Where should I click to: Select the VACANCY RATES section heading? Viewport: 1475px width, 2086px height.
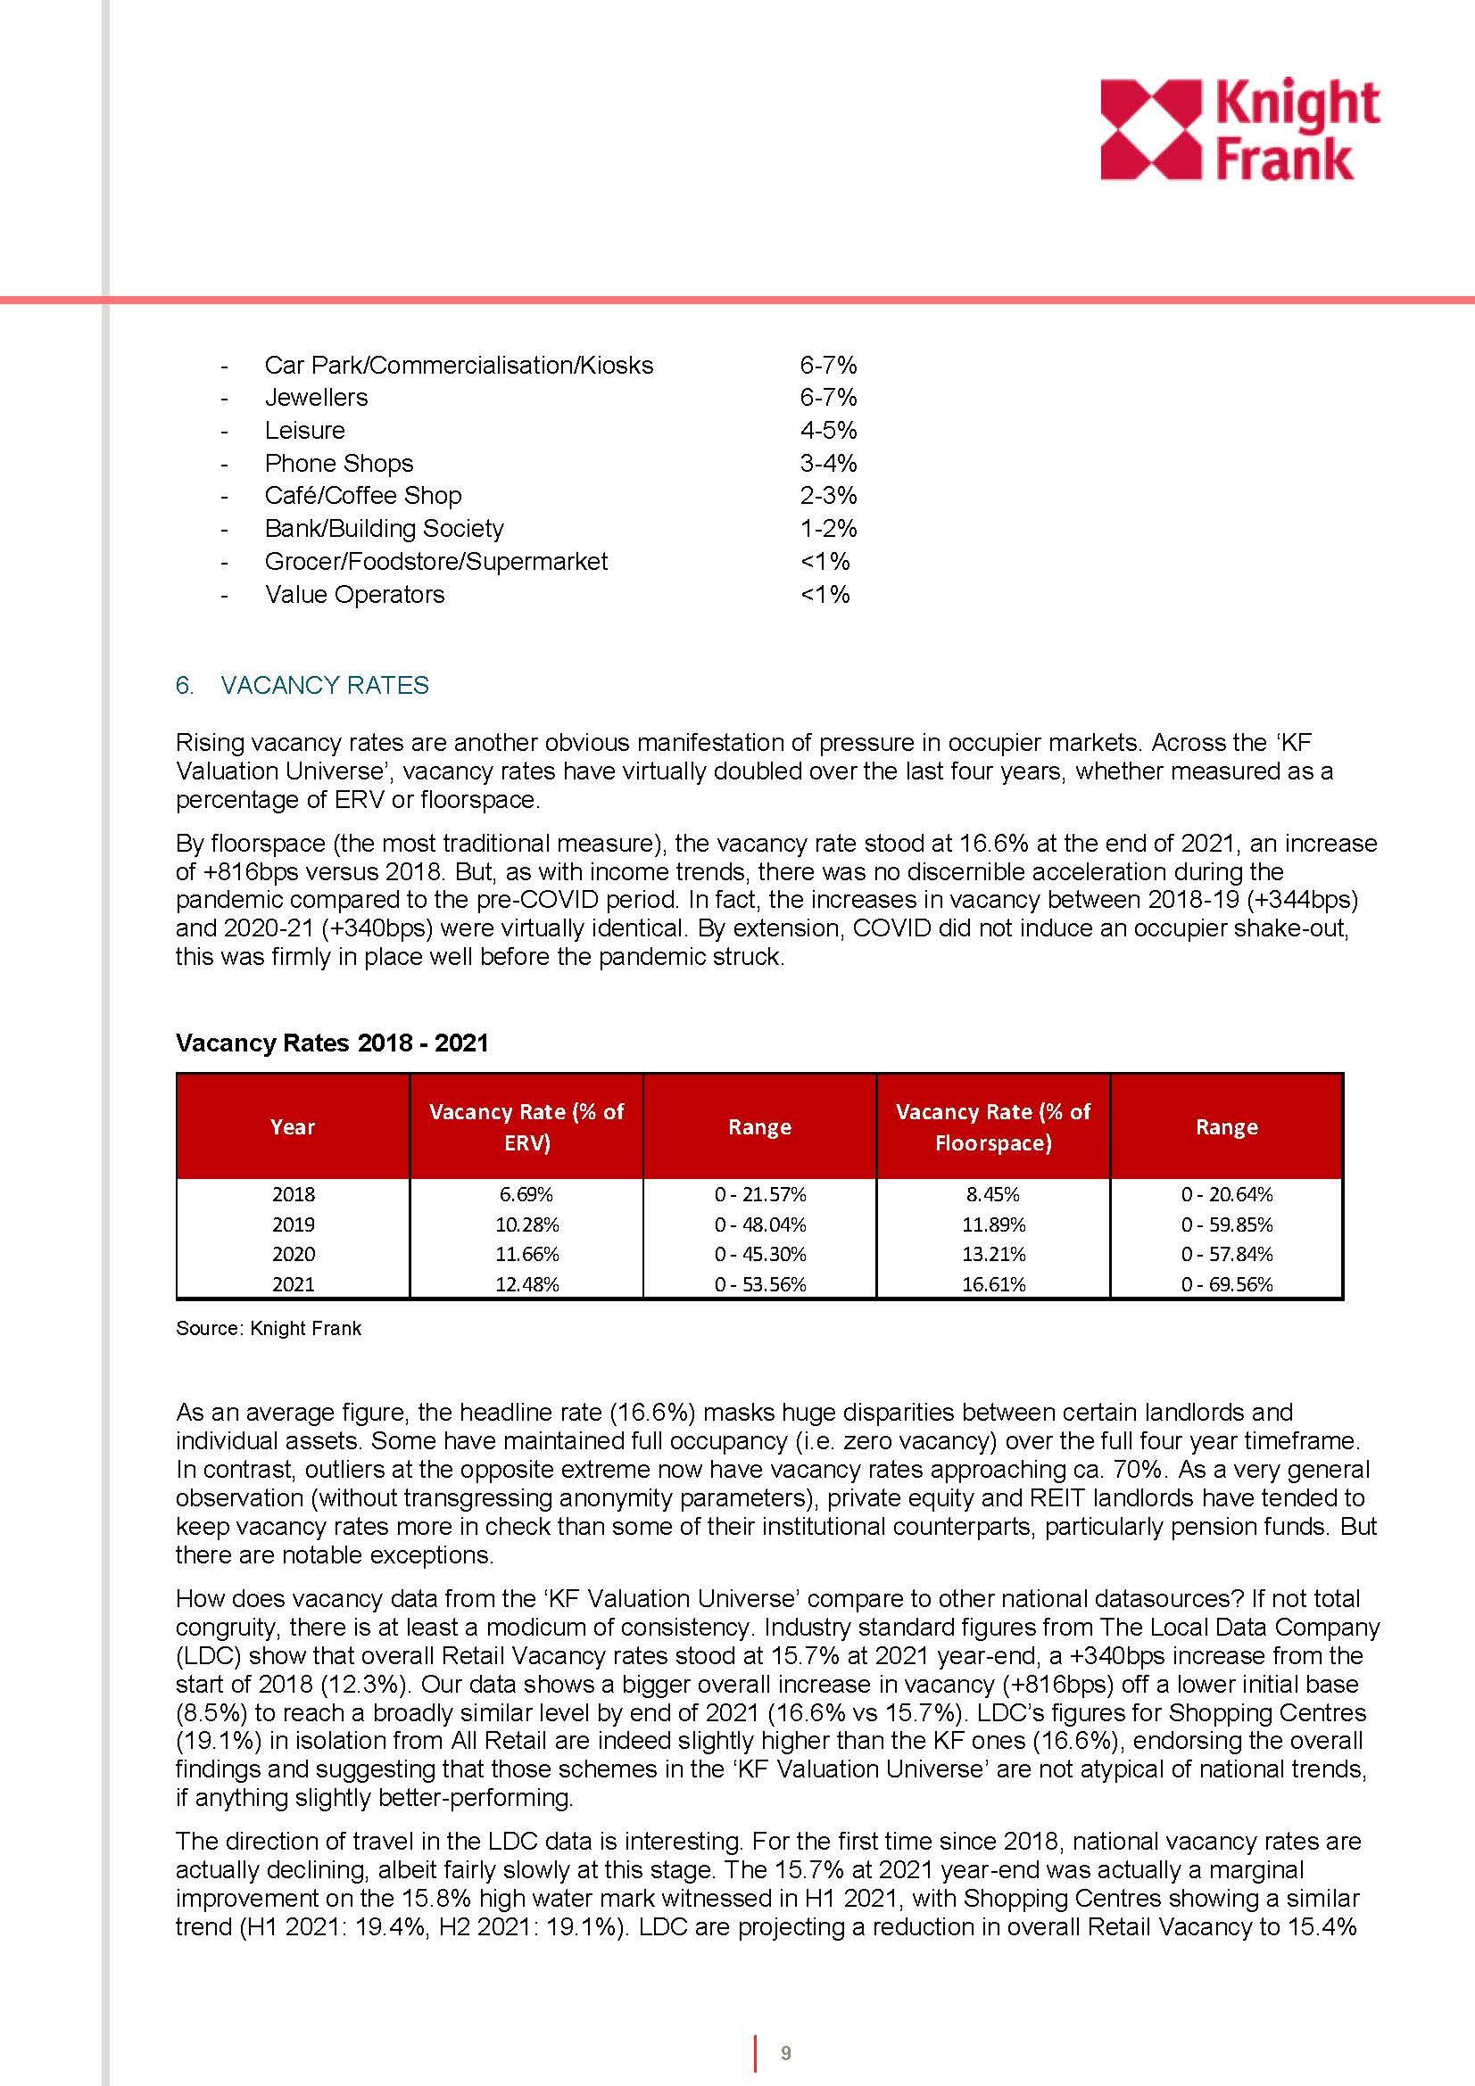point(324,685)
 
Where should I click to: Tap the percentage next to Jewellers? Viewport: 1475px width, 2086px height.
point(828,397)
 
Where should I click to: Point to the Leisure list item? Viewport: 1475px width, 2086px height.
point(304,430)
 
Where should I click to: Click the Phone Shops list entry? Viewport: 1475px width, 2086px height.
point(338,464)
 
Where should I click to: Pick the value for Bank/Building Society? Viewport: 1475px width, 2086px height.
point(828,529)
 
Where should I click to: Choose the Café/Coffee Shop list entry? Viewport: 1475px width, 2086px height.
point(362,496)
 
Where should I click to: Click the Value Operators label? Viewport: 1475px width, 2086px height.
point(354,594)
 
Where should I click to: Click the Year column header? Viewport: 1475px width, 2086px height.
point(293,1126)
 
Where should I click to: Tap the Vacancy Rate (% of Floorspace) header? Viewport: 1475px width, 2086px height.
point(992,1126)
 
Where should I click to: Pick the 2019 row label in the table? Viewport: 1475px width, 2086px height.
point(293,1224)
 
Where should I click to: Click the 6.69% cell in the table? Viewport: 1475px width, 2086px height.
point(526,1194)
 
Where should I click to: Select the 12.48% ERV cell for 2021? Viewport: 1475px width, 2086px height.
point(526,1283)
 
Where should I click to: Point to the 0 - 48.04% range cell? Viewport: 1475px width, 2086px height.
point(759,1224)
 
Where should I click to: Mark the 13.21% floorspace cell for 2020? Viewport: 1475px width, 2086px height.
point(992,1254)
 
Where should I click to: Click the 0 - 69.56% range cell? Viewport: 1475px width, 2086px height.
point(1226,1283)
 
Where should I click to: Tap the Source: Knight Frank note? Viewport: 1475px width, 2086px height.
point(268,1328)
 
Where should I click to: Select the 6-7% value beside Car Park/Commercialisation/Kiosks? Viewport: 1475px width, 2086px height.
point(828,366)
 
